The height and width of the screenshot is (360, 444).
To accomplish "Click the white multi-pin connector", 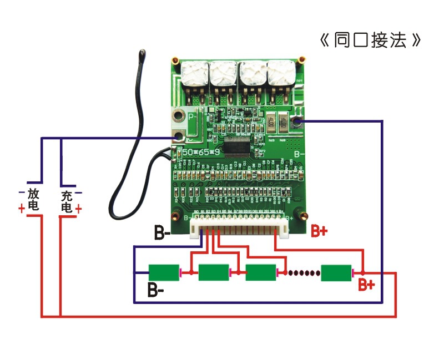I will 239,226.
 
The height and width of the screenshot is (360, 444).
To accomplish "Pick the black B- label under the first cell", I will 156,289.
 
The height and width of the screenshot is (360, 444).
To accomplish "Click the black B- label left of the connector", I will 163,233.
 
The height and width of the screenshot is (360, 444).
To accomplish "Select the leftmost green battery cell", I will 164,272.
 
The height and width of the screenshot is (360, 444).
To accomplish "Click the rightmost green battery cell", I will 336,272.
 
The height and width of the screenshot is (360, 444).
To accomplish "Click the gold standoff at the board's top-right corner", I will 302,59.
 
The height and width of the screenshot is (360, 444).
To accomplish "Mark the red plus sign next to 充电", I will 79,209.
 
